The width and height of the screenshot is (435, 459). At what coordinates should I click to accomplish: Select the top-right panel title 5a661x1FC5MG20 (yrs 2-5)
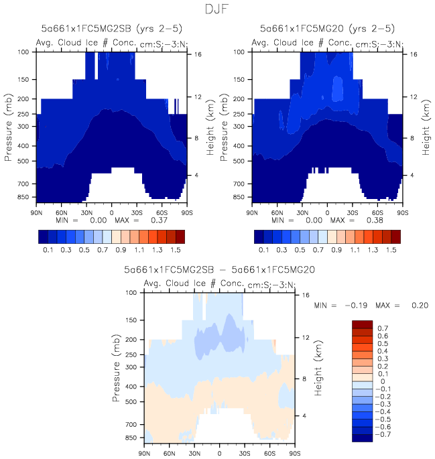[x=327, y=29]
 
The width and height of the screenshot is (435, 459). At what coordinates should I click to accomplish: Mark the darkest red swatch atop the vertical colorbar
[x=361, y=324]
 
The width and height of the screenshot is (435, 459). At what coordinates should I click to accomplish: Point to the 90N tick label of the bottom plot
[x=144, y=453]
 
